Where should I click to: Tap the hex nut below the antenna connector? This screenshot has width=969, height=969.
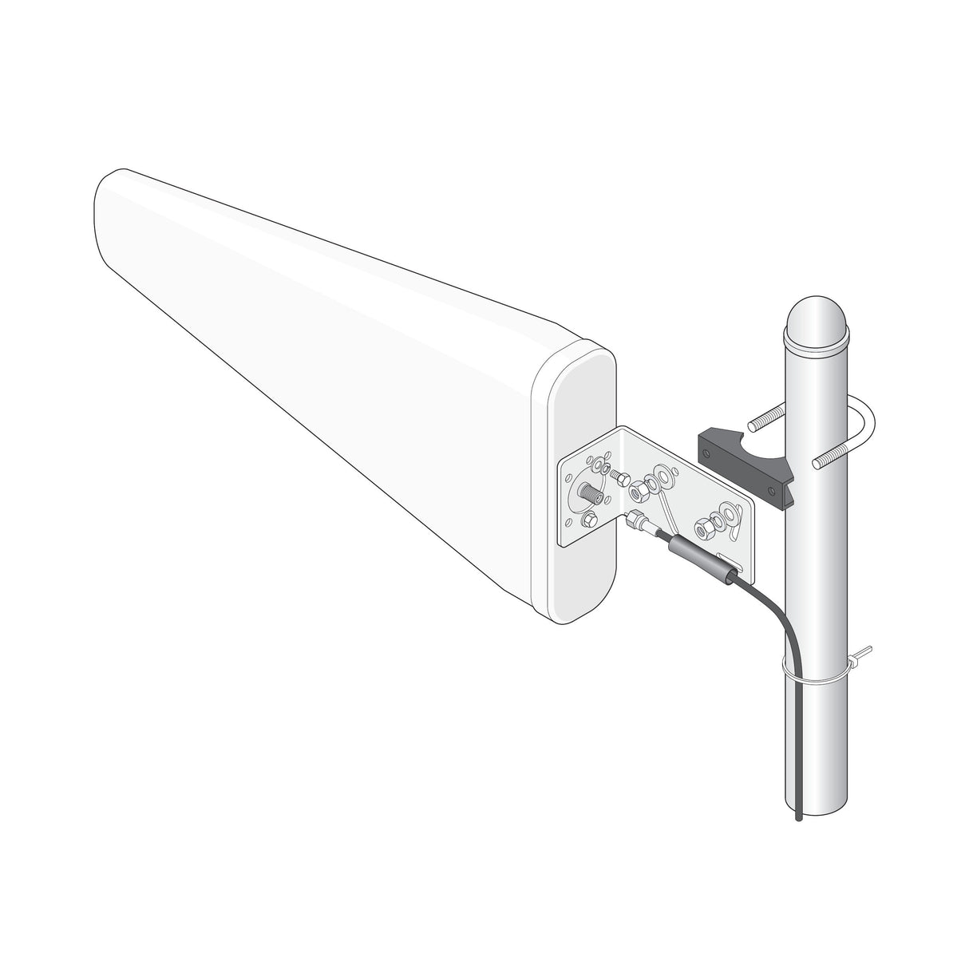588,521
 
